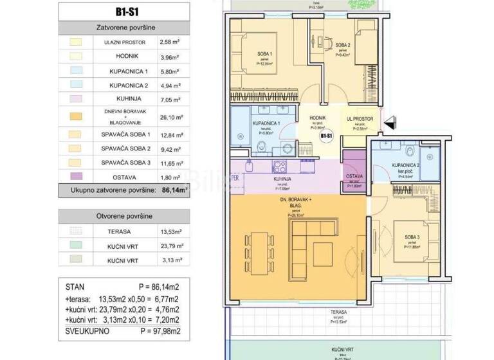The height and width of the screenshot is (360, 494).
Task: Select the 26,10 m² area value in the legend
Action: [x=170, y=118]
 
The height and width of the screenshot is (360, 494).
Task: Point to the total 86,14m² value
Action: [x=173, y=190]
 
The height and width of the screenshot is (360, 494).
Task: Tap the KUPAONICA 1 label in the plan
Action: [x=265, y=122]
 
